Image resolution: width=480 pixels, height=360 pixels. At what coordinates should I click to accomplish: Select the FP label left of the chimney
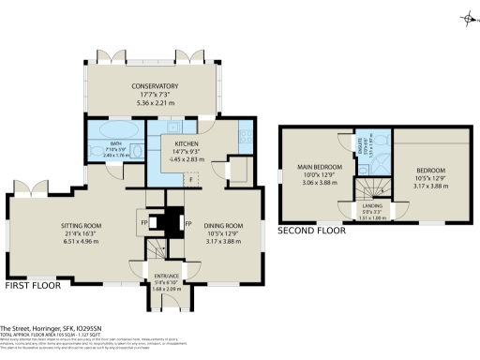coord(143,224)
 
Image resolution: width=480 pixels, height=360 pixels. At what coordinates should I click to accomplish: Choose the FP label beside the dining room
coord(187,224)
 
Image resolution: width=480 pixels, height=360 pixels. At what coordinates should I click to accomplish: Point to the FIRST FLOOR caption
coord(34,284)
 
